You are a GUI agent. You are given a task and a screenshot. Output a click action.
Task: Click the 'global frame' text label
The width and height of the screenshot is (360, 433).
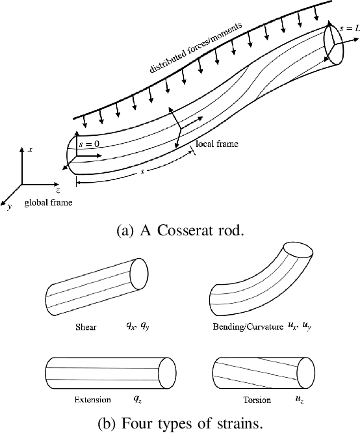49,203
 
